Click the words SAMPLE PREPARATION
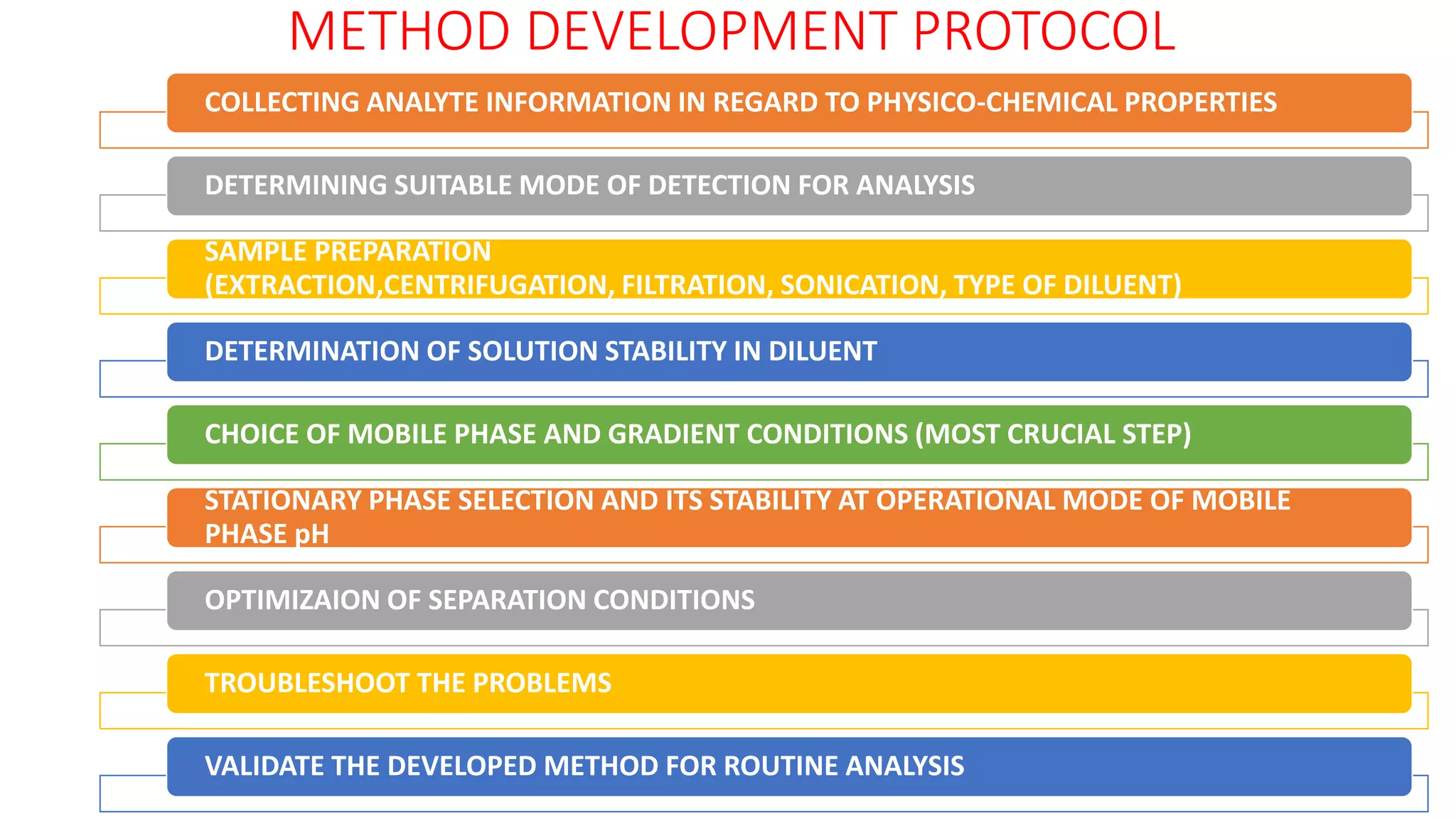pyautogui.click(x=348, y=252)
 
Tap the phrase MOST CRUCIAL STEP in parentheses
pyautogui.click(x=1053, y=434)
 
